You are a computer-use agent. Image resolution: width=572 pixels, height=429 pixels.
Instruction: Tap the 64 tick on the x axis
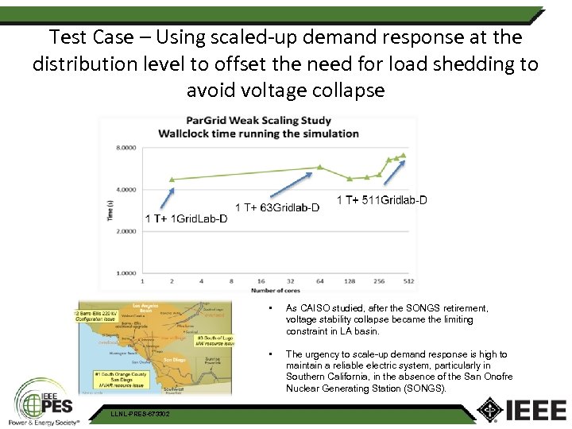tap(319, 281)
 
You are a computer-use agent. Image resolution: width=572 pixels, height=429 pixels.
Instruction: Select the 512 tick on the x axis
tap(408, 281)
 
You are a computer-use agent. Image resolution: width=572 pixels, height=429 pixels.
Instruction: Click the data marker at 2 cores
tap(172, 180)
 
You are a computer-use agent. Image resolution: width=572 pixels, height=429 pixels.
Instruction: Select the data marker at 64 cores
tap(319, 167)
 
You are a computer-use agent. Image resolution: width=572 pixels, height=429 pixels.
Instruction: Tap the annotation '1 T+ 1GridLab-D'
tap(186, 218)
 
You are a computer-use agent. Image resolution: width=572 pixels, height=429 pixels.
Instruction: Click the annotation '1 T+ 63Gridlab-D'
tap(277, 208)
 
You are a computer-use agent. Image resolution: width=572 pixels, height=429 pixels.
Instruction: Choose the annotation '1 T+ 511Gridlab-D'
tap(382, 200)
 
